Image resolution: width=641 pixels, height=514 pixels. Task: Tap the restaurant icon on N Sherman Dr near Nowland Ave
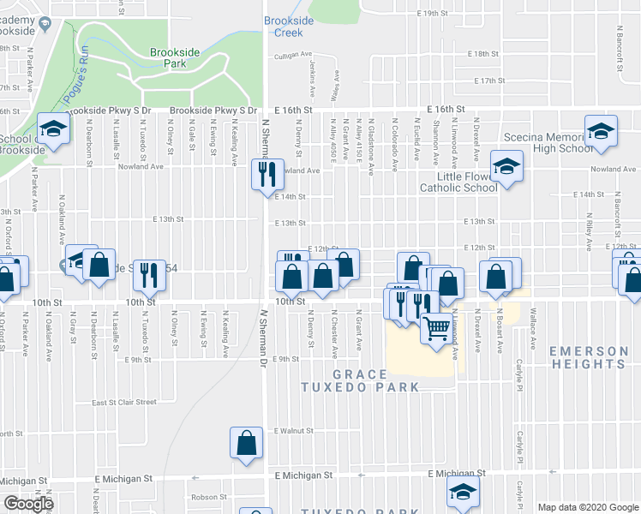(266, 174)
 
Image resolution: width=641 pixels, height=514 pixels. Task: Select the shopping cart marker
(437, 327)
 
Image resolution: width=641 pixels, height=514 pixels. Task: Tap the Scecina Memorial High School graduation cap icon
(601, 131)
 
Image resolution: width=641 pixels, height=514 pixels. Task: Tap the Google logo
(27, 504)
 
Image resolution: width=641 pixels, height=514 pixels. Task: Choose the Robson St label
(209, 497)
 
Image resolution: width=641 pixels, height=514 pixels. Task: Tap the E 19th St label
(433, 14)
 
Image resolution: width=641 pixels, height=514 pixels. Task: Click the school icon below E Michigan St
(463, 492)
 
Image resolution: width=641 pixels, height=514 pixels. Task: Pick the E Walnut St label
(288, 431)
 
